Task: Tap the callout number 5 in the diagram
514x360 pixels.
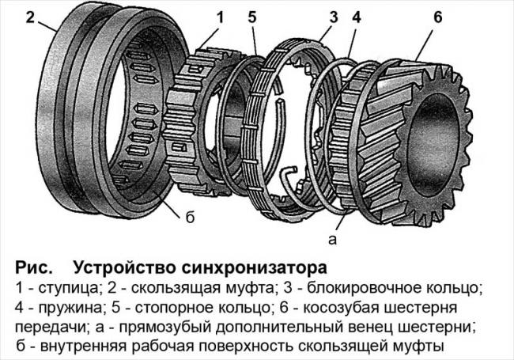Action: tap(254, 16)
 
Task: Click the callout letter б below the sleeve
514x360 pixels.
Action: tap(190, 215)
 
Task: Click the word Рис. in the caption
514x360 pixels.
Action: tap(33, 263)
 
